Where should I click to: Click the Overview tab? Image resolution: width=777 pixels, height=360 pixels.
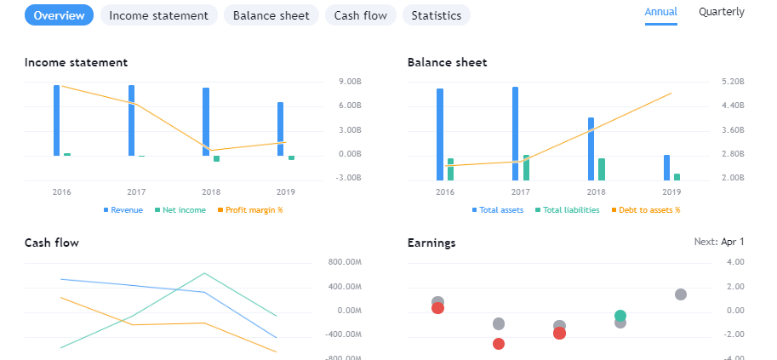(x=60, y=15)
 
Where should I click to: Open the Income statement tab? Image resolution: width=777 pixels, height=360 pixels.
(x=158, y=15)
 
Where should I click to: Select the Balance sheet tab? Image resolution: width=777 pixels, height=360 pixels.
(x=271, y=15)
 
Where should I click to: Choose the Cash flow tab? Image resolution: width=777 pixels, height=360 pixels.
(x=361, y=15)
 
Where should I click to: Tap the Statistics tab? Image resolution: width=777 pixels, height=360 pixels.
(x=436, y=15)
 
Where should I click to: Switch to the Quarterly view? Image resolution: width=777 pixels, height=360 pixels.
(x=721, y=12)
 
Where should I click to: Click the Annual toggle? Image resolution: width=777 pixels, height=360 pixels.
(x=661, y=12)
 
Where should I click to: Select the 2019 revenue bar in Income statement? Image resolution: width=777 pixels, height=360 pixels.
(x=281, y=129)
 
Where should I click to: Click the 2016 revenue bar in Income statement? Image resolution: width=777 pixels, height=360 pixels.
(x=57, y=120)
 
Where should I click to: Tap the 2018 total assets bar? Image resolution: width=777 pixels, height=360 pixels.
(x=591, y=149)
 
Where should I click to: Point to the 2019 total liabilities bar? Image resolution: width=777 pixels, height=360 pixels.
(x=677, y=177)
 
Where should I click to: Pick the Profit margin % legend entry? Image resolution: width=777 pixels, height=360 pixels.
(x=254, y=210)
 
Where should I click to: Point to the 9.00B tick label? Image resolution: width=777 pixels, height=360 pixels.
(x=351, y=82)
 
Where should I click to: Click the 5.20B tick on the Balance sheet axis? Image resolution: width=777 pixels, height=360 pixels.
(x=732, y=82)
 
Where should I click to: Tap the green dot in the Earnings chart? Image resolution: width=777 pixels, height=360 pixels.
(x=620, y=316)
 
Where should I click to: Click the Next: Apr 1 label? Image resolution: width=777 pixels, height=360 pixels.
(x=719, y=242)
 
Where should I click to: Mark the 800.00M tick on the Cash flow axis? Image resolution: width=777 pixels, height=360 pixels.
(x=345, y=262)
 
